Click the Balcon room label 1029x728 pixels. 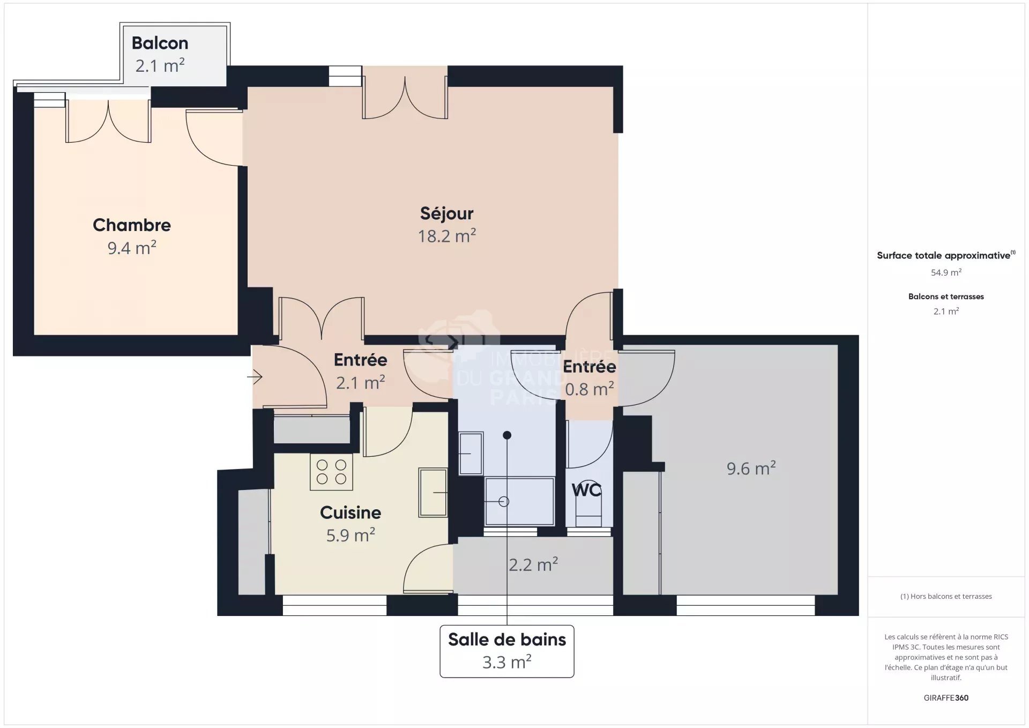coord(160,43)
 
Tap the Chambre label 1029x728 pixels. coord(132,225)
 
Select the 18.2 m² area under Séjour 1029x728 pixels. coord(447,235)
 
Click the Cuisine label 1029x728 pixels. coord(351,512)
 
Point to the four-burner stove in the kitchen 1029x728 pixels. coord(331,472)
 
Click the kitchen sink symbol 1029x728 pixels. coord(433,492)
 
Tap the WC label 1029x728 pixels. coord(586,490)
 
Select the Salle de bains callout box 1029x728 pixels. coord(507,651)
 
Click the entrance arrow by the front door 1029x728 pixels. coord(255,377)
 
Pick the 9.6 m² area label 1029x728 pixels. coord(751,468)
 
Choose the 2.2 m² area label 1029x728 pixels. coord(533,564)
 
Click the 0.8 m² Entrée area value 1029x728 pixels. coord(590,389)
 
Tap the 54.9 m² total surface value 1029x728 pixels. coord(946,272)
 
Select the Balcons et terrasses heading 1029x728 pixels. coord(946,296)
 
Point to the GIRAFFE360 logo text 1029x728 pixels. coord(946,697)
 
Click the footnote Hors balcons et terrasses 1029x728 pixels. coord(946,596)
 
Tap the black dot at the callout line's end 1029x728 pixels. coord(507,435)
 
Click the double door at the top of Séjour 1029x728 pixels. coord(405,96)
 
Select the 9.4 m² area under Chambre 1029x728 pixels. coord(132,248)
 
